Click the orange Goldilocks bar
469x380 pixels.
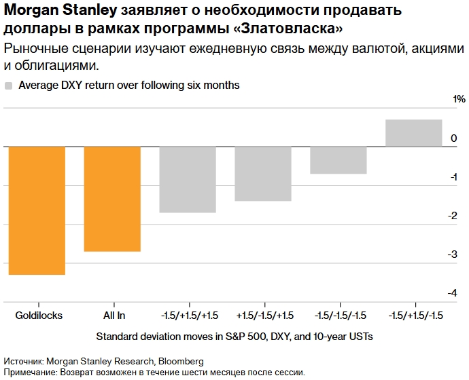pyautogui.click(x=37, y=210)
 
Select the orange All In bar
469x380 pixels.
pyautogui.click(x=112, y=199)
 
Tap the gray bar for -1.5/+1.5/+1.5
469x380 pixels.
pyautogui.click(x=188, y=180)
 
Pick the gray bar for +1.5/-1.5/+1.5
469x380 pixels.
pyautogui.click(x=263, y=174)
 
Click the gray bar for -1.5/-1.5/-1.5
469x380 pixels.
pyautogui.click(x=338, y=160)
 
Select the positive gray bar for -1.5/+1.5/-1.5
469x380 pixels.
pyautogui.click(x=413, y=133)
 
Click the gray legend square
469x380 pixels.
pyautogui.click(x=9, y=86)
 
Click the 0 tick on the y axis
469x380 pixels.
pyautogui.click(x=454, y=138)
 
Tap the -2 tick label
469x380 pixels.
pyautogui.click(x=452, y=216)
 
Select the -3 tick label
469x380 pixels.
pyautogui.click(x=452, y=254)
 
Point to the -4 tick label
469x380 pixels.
pyautogui.click(x=452, y=293)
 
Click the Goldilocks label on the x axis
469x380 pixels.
pyautogui.click(x=39, y=316)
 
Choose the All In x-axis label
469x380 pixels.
pyautogui.click(x=114, y=316)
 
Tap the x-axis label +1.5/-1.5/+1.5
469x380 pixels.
pyautogui.click(x=265, y=316)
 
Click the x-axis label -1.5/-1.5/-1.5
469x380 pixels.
pyautogui.click(x=341, y=316)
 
